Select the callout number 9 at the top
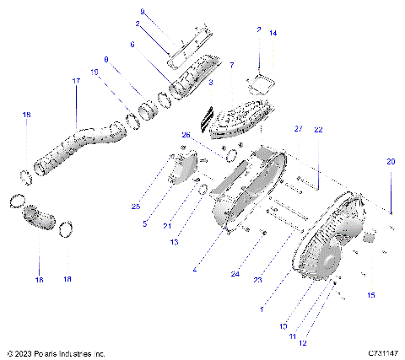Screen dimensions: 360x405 [142, 12]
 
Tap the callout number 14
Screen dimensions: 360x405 [273, 33]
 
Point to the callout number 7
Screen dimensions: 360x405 [232, 65]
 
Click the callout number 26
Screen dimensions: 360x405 [186, 135]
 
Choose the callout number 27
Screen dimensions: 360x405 [298, 129]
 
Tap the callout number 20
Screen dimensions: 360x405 [390, 161]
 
